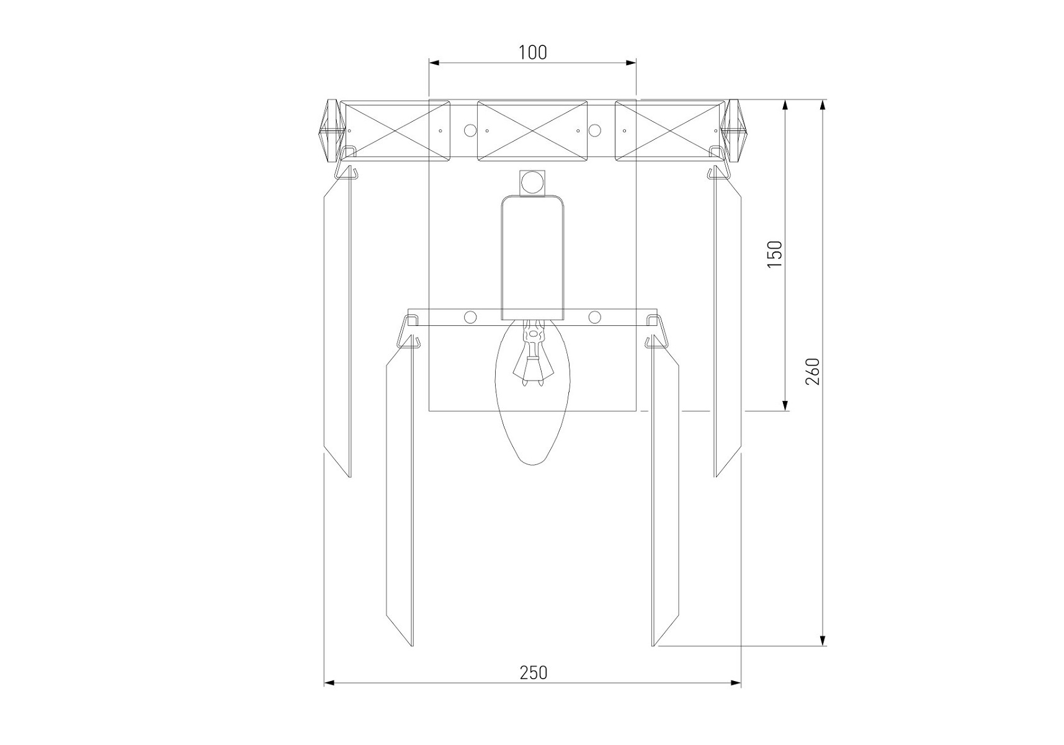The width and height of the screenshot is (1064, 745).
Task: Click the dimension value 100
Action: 533,53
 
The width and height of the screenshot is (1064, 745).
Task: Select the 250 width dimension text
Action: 533,672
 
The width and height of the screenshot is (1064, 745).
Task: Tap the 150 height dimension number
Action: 775,255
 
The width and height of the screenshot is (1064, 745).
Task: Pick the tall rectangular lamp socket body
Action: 532,258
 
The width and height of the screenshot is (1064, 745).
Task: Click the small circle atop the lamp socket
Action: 531,182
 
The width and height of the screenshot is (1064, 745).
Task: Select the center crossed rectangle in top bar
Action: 532,131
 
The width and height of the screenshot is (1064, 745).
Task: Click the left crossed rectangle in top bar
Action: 396,131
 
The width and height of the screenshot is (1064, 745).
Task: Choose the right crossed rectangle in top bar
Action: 669,131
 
